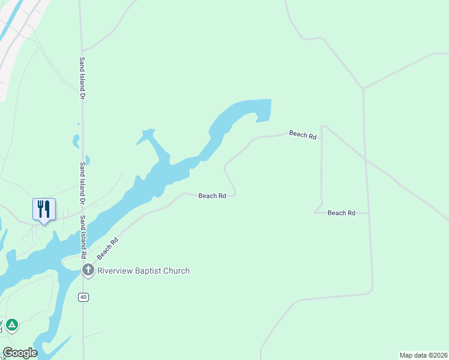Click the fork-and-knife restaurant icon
pyautogui.click(x=44, y=209)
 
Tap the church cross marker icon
pyautogui.click(x=88, y=271)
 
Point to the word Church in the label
pyautogui.click(x=178, y=271)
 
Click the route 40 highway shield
pyautogui.click(x=83, y=297)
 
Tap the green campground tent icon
pyautogui.click(x=11, y=325)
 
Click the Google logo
pyautogui.click(x=20, y=353)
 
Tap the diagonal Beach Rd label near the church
pyautogui.click(x=107, y=248)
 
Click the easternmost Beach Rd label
pyautogui.click(x=341, y=213)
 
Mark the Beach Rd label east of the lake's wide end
pyautogui.click(x=303, y=134)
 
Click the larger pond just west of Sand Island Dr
pyautogui.click(x=76, y=141)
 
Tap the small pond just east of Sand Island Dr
pyautogui.click(x=88, y=160)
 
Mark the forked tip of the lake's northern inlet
pyautogui.click(x=146, y=133)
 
